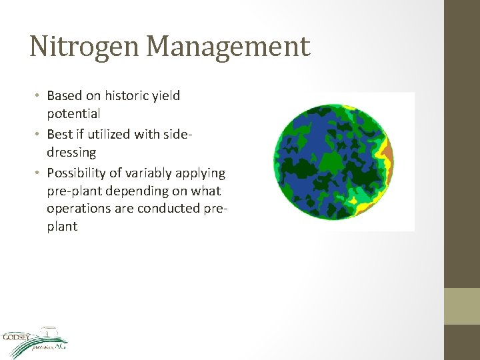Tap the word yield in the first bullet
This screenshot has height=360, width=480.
[x=165, y=95]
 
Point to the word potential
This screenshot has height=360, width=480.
[x=73, y=114]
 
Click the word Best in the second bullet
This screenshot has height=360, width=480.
[x=61, y=134]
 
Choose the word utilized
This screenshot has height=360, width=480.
[x=107, y=134]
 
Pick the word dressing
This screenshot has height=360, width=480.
[x=71, y=153]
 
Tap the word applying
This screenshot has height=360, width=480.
[x=200, y=173]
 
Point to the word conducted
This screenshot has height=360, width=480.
[x=170, y=208]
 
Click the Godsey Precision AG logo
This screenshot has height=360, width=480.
[x=33, y=340]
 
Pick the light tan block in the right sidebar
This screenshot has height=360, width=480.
[x=462, y=306]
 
